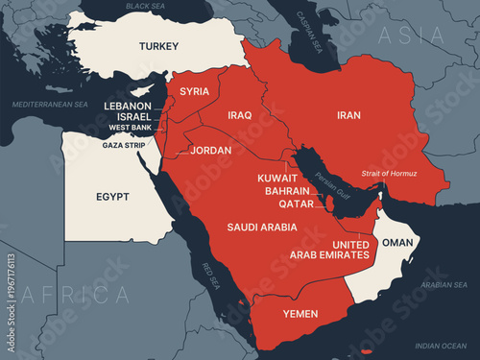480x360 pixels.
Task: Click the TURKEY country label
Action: coord(158,46)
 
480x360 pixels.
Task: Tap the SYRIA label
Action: coord(195,91)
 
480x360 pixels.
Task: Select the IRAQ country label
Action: coord(240,115)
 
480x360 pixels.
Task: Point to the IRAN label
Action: coord(349,115)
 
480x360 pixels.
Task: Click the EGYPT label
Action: coord(112,197)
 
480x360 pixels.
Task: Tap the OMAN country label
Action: coord(397,243)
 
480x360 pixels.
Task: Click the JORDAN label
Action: coord(211,151)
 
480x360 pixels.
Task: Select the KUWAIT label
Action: coord(278,179)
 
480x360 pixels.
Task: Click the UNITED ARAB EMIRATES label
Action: coord(329,250)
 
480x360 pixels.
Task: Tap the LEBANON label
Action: coord(129,106)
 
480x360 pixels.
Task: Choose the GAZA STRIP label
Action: coord(126,146)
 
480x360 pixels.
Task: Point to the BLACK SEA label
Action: coord(146,7)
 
